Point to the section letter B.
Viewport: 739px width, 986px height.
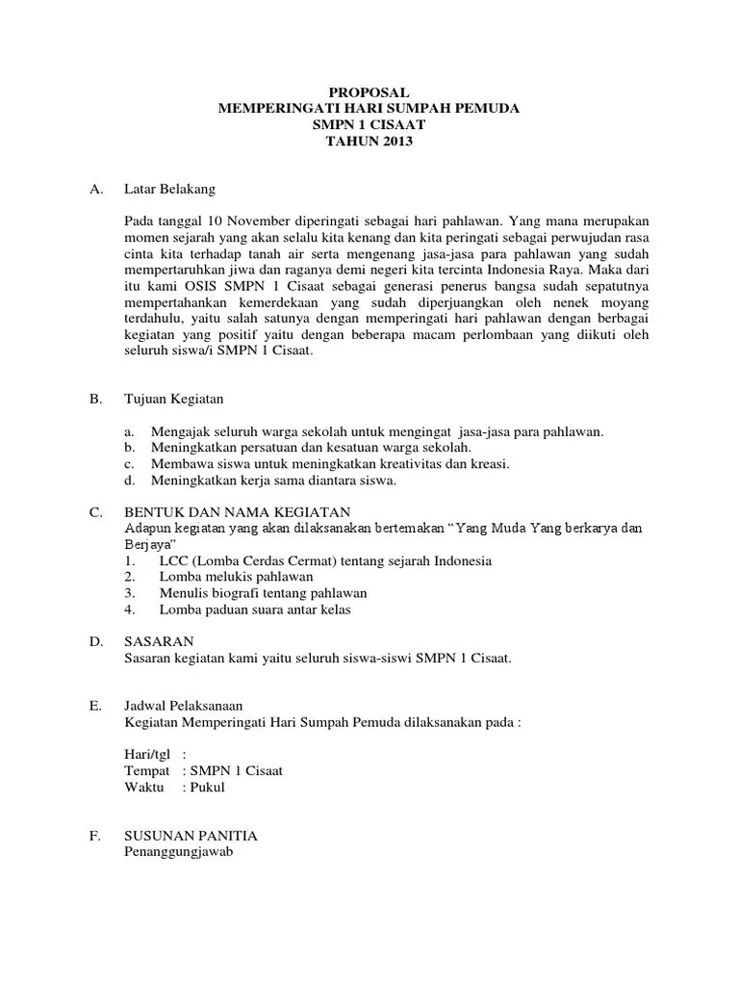tap(95, 400)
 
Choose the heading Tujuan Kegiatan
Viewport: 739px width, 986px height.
tap(175, 400)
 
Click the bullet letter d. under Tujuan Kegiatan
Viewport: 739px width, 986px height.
tap(130, 480)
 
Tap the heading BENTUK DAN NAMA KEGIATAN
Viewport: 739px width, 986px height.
tap(238, 512)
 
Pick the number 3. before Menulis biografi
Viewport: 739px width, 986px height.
tap(130, 593)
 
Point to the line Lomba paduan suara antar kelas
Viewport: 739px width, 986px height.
tap(254, 610)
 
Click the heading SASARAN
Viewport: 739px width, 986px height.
tap(159, 642)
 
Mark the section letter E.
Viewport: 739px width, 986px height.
tap(95, 707)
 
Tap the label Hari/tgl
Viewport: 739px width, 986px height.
tap(146, 756)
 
